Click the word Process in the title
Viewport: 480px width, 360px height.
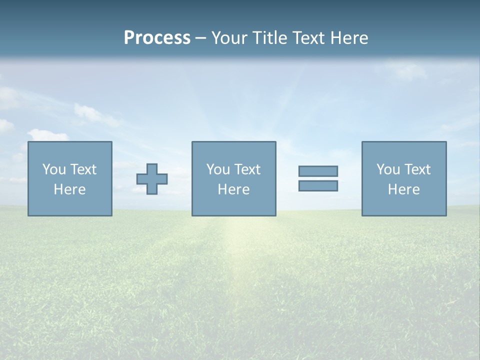pos(157,38)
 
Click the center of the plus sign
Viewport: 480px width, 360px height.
pos(152,179)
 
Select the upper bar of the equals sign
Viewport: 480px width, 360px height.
pos(318,171)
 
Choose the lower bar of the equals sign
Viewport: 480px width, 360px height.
pos(318,186)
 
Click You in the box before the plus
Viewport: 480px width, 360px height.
pos(53,169)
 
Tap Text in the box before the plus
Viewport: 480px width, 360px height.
pos(83,169)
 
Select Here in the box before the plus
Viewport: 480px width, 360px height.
pos(69,189)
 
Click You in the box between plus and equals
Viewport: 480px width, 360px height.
pos(217,169)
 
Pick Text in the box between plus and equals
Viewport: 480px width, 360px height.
pos(247,169)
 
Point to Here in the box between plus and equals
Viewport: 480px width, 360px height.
pos(233,189)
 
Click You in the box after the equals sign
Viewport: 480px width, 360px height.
pos(387,169)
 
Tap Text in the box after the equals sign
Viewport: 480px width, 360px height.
pos(417,169)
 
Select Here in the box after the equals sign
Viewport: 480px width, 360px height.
pos(403,189)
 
